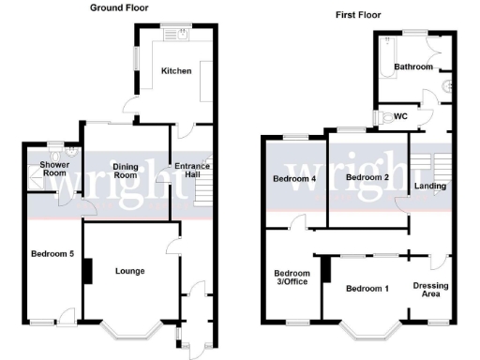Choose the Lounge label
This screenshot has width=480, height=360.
coord(129,271)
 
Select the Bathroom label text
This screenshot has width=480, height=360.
coord(412,67)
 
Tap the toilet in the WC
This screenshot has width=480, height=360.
coord(390,117)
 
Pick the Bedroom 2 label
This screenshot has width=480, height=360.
coord(367,177)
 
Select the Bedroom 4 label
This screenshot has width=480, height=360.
coord(294,177)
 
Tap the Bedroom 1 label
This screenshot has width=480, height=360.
coord(367,288)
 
